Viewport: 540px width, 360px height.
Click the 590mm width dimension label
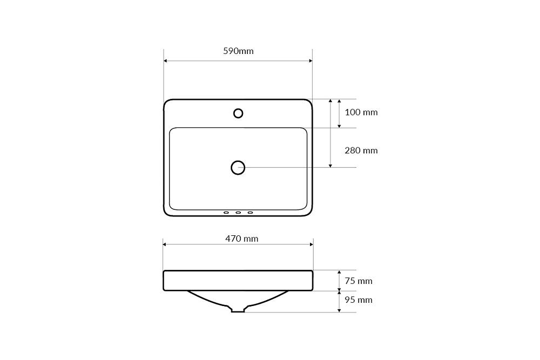[x=238, y=51]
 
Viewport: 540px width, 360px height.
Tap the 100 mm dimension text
[x=361, y=112]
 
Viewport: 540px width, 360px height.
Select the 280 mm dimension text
[x=361, y=151]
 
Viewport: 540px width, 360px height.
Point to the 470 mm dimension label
[x=242, y=239]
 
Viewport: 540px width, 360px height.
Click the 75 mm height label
[x=359, y=281]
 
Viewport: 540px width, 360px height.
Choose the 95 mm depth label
[x=359, y=300]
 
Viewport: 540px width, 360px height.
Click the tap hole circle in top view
[x=238, y=113]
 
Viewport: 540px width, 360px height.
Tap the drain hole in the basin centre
[x=238, y=168]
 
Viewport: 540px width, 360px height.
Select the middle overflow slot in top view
[x=238, y=213]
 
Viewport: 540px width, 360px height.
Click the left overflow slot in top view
[x=226, y=213]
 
